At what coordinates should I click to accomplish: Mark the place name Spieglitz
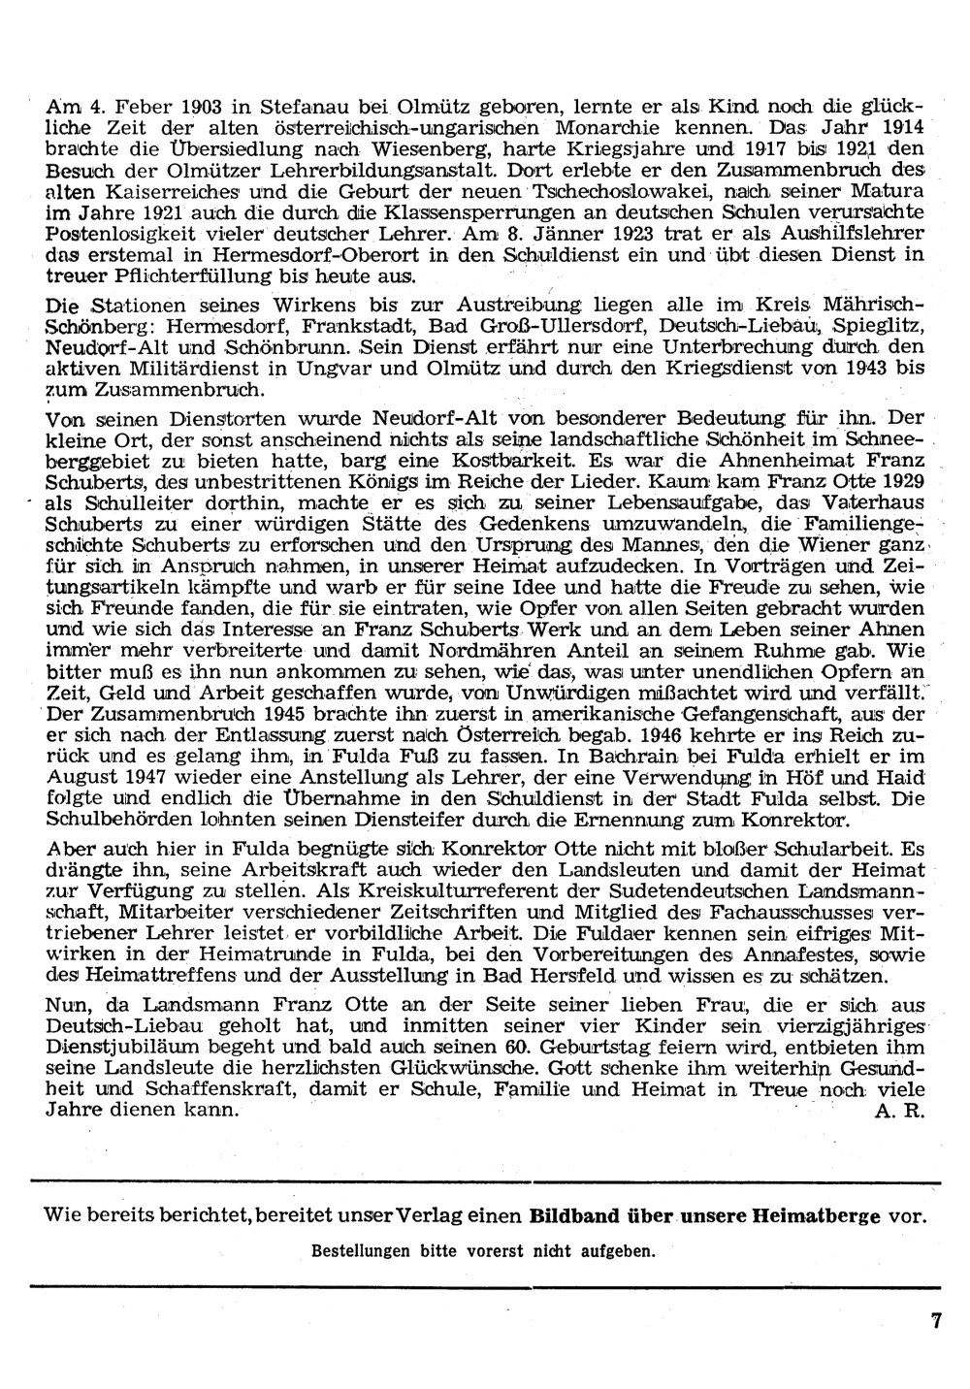point(881,320)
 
